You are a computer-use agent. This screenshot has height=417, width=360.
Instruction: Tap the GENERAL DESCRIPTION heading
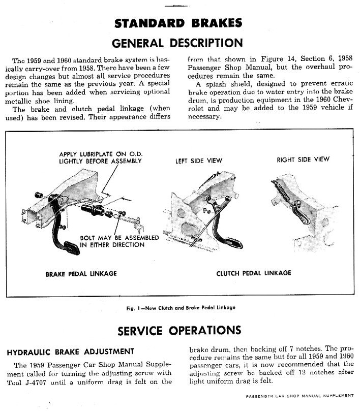[x=177, y=43]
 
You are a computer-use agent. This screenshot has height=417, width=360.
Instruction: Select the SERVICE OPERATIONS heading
[x=179, y=331]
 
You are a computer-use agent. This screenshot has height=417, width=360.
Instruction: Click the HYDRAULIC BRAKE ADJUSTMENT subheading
[x=70, y=351]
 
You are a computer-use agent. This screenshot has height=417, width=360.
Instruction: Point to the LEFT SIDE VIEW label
[x=199, y=161]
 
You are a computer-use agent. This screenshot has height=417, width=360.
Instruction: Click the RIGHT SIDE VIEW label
[x=303, y=159]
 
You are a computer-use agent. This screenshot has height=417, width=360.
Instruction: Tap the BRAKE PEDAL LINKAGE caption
[x=81, y=274]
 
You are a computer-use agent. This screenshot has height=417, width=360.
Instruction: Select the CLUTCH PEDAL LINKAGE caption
[x=254, y=273]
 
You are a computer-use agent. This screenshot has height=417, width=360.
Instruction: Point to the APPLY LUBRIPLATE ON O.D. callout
[x=100, y=158]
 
